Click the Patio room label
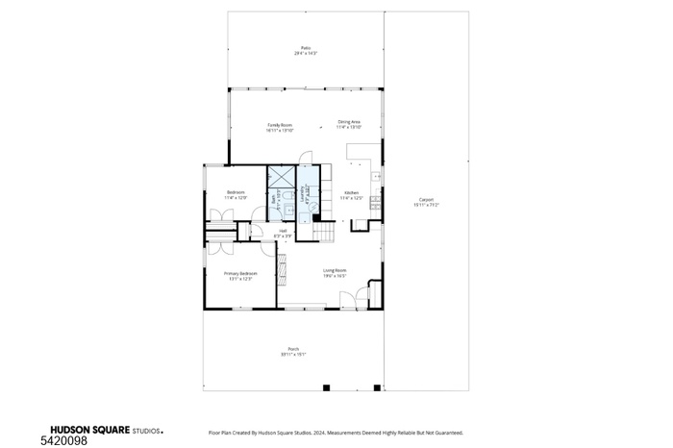pos(305,50)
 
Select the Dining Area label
pos(348,124)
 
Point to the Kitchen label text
pos(352,195)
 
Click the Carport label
pos(425,202)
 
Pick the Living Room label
pos(334,272)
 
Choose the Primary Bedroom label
pos(239,275)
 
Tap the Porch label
pos(293,351)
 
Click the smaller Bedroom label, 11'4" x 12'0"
pos(236,195)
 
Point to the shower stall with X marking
pos(282,175)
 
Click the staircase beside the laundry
pos(328,231)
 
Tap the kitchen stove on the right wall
pos(379,204)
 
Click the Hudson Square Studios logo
pos(106,432)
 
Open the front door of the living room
pos(361,300)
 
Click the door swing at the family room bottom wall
pos(307,159)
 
